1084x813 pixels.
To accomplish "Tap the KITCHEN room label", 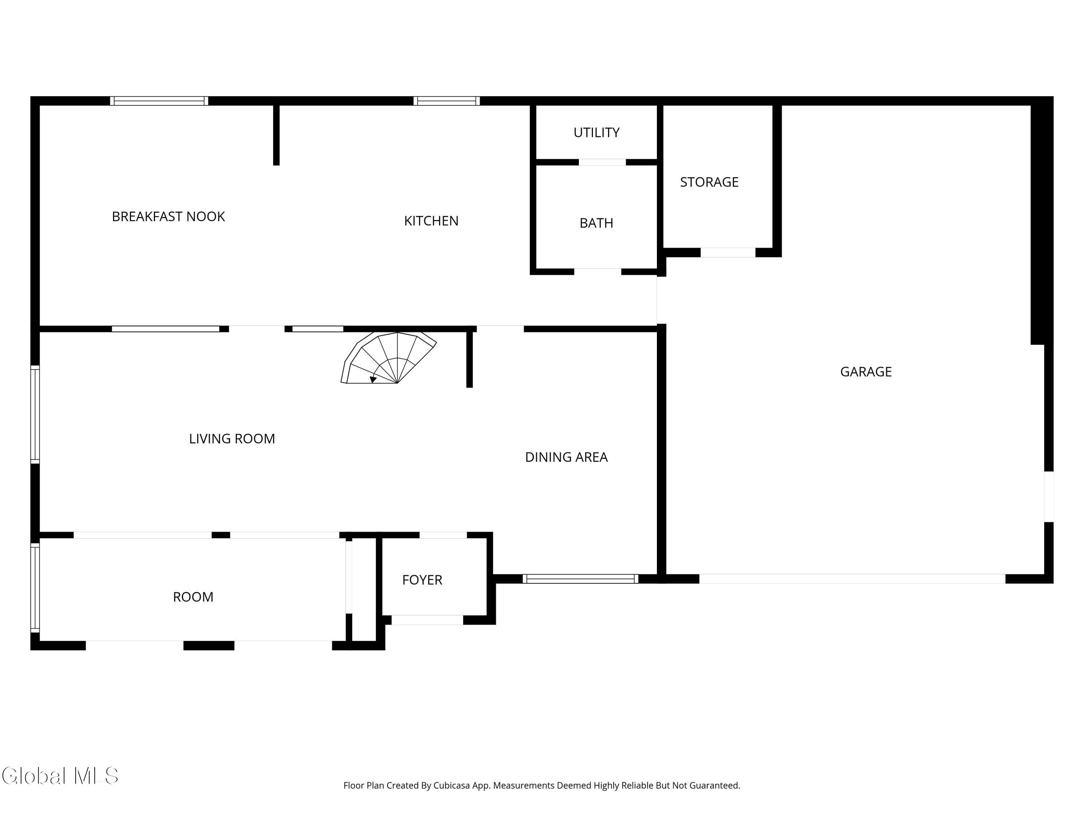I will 431,221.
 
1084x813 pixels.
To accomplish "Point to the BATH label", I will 597,223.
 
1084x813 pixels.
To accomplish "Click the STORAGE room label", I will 709,182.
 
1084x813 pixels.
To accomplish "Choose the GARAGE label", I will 866,372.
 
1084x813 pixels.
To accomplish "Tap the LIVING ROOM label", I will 232,439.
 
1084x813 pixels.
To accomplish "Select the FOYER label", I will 422,580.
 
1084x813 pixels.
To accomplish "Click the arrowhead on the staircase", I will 373,379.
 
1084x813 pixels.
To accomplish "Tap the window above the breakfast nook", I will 159,101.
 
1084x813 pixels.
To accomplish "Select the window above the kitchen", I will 447,101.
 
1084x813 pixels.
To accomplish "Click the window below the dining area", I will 580,579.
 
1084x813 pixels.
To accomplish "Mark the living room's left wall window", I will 35,414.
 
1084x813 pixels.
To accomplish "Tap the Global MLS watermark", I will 60,776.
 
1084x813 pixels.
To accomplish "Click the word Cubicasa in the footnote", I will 452,786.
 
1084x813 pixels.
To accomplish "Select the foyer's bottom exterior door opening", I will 427,620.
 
